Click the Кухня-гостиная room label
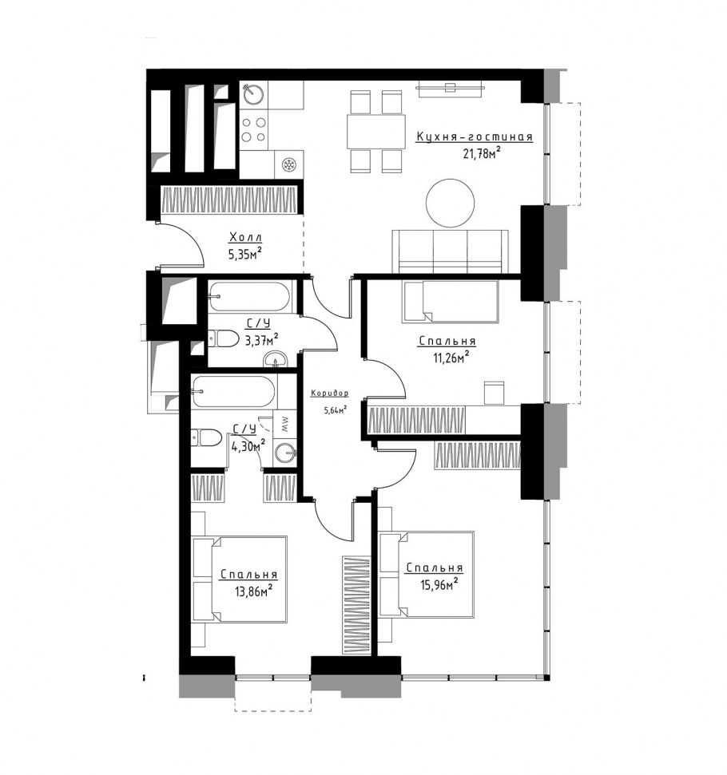(474, 137)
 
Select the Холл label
(245, 238)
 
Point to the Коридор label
(330, 393)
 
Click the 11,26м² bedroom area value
(451, 358)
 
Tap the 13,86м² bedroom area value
(253, 591)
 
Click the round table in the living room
(451, 203)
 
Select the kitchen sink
(253, 93)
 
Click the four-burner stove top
(253, 129)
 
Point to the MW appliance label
(285, 425)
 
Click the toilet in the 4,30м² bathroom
(206, 437)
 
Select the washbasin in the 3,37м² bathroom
(275, 359)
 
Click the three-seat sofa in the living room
(451, 251)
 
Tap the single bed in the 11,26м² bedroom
(451, 302)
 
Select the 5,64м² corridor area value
(335, 409)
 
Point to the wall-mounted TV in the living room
(451, 88)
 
